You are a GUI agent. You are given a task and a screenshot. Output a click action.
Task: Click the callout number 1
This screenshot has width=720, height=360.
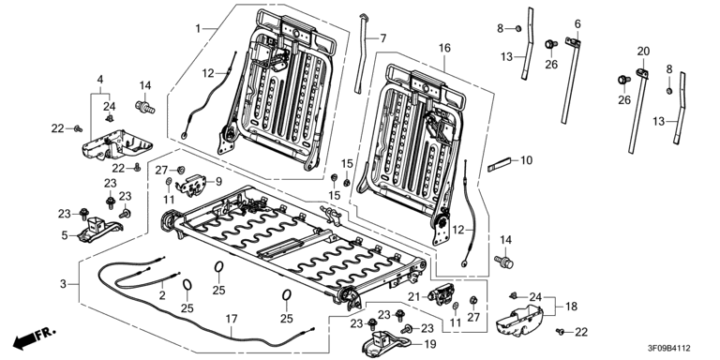(198, 28)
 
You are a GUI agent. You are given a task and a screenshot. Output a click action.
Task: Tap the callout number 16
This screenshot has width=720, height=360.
(444, 48)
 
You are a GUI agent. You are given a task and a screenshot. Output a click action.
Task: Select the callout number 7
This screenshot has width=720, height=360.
(382, 38)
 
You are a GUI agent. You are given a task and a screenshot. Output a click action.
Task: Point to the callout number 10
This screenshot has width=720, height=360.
(527, 160)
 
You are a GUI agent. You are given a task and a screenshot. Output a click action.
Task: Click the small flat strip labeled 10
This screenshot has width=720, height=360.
(499, 164)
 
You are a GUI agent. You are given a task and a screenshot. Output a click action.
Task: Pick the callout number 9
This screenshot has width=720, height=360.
(218, 181)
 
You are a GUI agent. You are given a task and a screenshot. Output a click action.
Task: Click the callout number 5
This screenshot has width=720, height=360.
(65, 235)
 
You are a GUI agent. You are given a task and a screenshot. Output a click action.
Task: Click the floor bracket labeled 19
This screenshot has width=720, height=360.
(386, 344)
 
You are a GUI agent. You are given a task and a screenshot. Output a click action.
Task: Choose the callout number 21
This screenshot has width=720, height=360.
(414, 297)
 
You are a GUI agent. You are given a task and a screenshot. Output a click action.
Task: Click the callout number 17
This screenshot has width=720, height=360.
(232, 318)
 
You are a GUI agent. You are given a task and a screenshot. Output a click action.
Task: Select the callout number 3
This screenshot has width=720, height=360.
(64, 284)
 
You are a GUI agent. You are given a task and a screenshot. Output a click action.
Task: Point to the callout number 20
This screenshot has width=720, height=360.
(643, 52)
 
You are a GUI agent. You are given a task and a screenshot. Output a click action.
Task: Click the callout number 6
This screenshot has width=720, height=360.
(577, 23)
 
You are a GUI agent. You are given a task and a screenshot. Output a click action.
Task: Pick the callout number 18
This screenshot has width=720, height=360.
(571, 307)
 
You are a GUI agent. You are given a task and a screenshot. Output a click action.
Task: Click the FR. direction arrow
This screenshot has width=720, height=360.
(34, 337)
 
